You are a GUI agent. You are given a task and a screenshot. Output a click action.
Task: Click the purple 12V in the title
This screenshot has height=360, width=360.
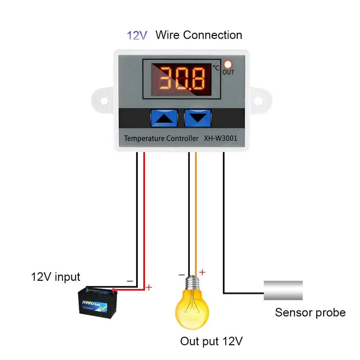click(137, 35)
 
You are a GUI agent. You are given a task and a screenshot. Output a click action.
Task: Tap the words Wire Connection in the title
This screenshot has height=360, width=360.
click(198, 35)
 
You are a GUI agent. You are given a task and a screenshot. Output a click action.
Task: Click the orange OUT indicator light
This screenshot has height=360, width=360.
click(228, 64)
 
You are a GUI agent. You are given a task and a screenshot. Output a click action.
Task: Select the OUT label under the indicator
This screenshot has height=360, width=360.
click(228, 72)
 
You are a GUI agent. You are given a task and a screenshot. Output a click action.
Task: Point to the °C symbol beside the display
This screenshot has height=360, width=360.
click(216, 67)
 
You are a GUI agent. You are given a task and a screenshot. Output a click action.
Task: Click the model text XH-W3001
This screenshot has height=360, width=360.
click(220, 138)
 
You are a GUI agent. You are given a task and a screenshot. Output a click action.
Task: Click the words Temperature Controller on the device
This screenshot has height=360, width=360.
click(161, 138)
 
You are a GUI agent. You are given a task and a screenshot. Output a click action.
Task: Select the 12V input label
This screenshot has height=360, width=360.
click(55, 277)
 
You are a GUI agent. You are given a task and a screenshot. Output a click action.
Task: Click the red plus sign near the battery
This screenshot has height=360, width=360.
click(149, 287)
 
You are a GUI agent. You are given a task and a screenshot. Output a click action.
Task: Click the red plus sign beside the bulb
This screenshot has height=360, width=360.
click(202, 272)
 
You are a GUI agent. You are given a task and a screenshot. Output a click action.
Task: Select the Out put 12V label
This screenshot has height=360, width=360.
click(211, 341)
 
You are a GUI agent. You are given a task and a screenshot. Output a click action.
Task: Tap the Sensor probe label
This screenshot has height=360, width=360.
click(310, 312)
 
